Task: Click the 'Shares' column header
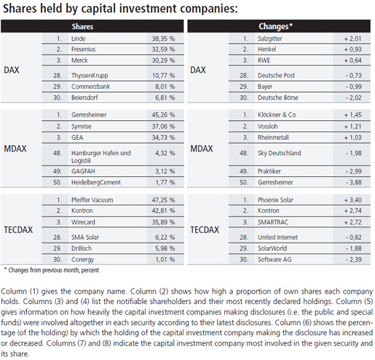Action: pos(82,26)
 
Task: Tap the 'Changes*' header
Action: pos(275,26)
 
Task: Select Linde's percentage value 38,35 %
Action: pos(163,39)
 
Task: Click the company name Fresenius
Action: pos(83,50)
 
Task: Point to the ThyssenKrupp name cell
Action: pos(90,76)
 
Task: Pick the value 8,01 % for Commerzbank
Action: pos(165,87)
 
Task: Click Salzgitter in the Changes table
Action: pos(269,39)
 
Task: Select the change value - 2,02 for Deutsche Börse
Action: pos(354,98)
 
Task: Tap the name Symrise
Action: pos(81,127)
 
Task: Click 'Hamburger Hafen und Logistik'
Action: pos(100,157)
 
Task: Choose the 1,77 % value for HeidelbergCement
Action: pos(165,182)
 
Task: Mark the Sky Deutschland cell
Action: pos(279,153)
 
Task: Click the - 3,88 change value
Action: pos(354,182)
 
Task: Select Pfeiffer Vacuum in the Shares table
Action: pos(92,200)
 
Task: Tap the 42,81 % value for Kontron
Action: pos(163,211)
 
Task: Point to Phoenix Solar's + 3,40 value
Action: pos(353,200)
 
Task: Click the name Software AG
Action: pos(275,259)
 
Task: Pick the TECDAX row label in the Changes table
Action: pos(205,230)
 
